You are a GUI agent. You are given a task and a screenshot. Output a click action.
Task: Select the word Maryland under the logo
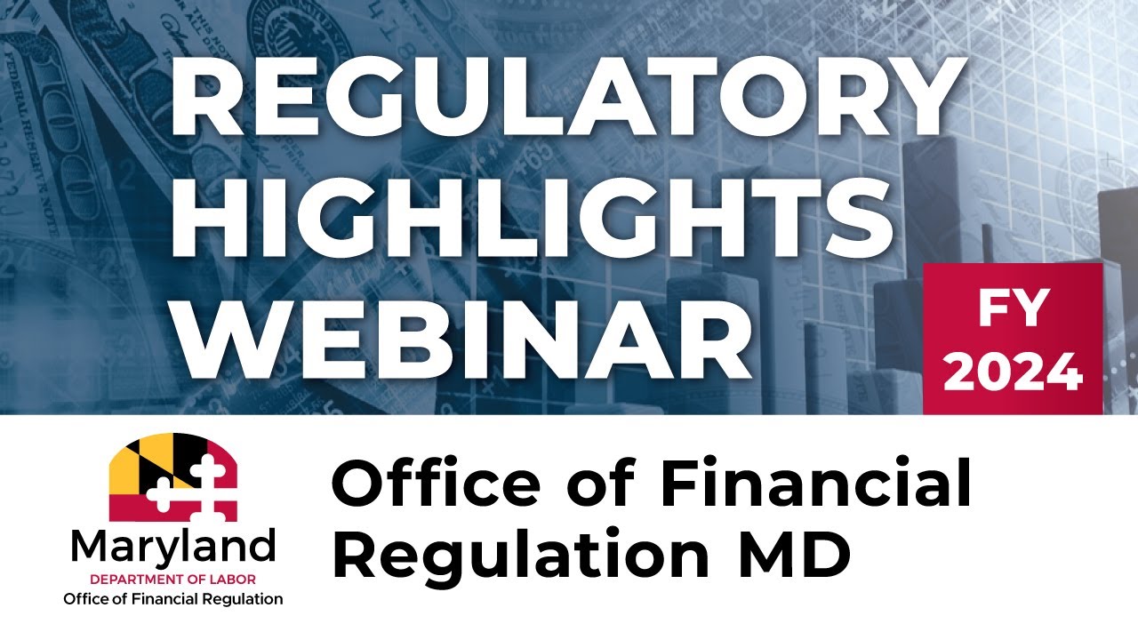172,547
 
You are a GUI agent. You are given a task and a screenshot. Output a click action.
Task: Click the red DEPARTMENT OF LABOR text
172,578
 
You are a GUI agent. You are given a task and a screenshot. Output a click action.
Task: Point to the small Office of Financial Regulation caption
172,599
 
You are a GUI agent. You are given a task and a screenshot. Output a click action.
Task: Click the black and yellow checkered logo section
142,462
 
